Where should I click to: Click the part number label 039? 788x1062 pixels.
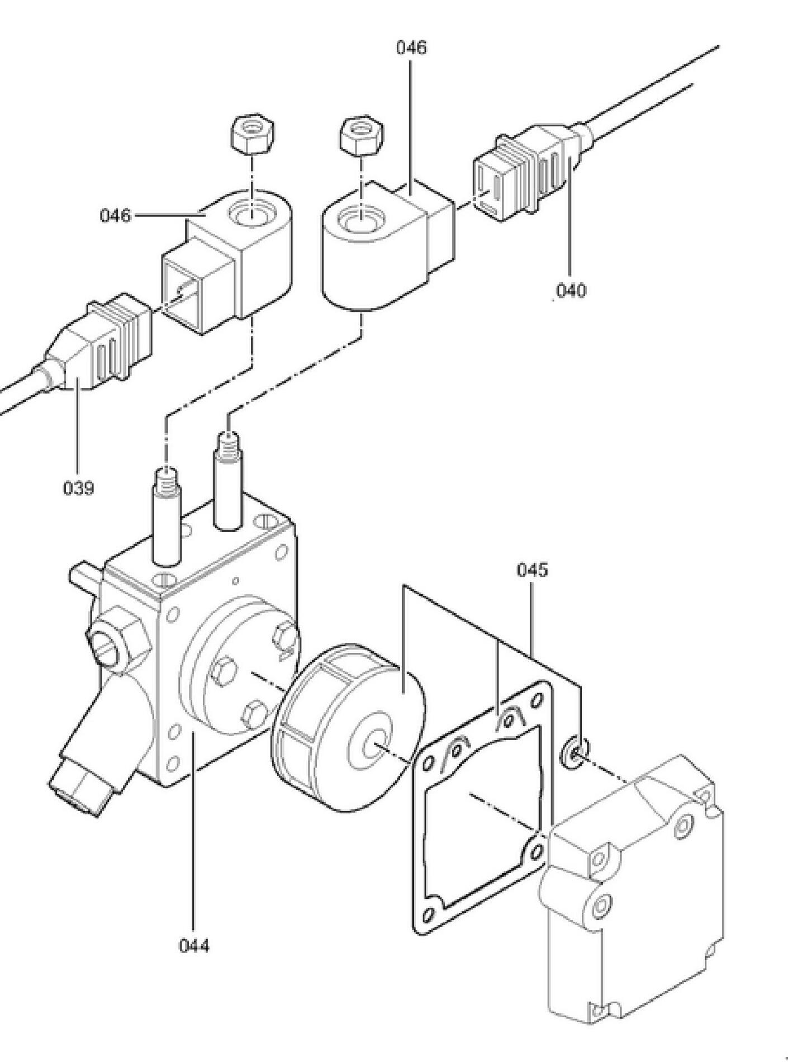(x=78, y=488)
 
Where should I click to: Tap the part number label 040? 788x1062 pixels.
(x=571, y=291)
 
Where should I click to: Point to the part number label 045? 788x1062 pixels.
(x=532, y=570)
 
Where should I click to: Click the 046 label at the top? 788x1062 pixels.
(x=411, y=48)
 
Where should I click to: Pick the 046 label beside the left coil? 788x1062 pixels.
(x=115, y=215)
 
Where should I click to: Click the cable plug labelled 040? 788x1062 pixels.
(x=523, y=170)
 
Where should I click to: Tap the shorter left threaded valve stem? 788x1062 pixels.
(x=167, y=514)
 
